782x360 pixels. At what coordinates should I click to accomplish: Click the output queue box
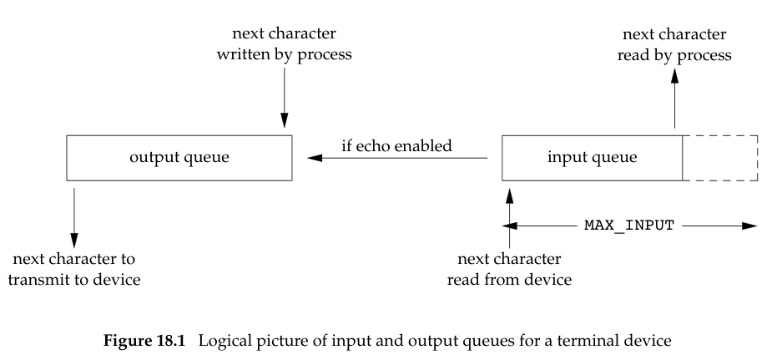[x=179, y=157]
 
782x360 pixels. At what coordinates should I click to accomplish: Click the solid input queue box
[x=592, y=157]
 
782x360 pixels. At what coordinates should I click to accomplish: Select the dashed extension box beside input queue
[x=719, y=157]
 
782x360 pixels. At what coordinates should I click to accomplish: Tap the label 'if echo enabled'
[x=396, y=146]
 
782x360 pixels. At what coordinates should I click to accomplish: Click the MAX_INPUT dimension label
[x=628, y=226]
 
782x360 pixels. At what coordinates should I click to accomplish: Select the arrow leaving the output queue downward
[x=75, y=213]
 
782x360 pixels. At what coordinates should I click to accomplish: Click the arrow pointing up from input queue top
[x=675, y=100]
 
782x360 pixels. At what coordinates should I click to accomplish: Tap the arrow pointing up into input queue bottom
[x=508, y=213]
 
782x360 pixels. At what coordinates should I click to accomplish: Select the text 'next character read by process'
[x=676, y=47]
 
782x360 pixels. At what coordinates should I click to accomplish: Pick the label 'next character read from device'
[x=510, y=269]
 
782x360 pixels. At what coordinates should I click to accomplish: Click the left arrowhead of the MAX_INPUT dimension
[x=512, y=226]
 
